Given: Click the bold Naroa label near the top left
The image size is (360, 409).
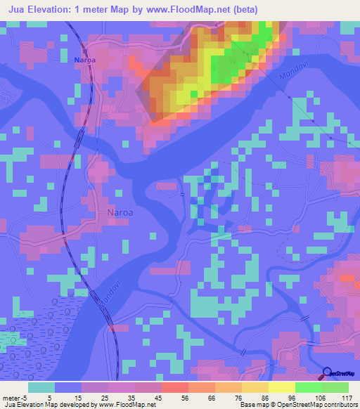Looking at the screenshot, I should [86, 61].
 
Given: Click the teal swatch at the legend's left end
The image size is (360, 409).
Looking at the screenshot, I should [41, 387].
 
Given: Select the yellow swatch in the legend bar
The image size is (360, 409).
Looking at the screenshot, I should [281, 387].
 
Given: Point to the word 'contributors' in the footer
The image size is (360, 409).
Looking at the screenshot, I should [337, 405].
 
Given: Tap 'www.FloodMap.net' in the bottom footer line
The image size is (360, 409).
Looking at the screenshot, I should [127, 405].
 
